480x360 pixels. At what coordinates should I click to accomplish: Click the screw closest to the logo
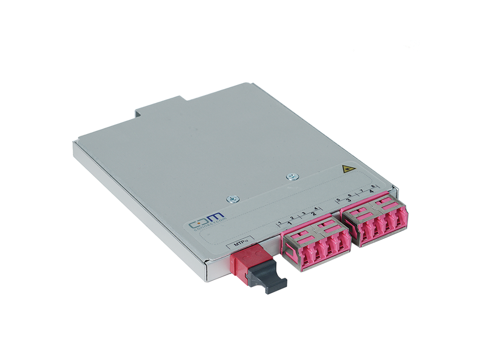click(x=231, y=198)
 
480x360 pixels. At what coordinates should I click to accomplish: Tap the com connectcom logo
click(x=208, y=221)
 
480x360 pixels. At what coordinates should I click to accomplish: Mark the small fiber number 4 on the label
click(x=316, y=209)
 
